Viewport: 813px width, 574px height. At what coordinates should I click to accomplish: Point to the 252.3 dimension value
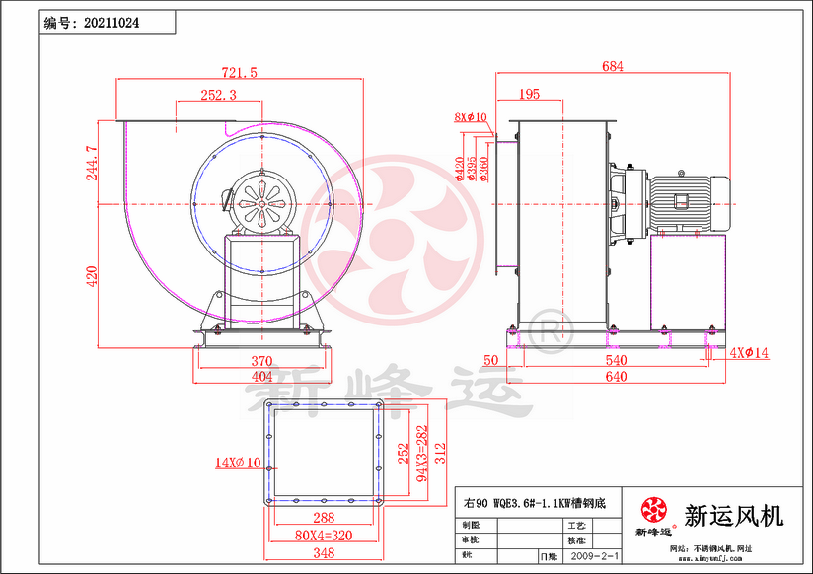[218, 96]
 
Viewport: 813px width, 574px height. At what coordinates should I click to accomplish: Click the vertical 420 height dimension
[92, 275]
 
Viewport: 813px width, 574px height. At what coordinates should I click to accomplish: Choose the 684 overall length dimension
[612, 67]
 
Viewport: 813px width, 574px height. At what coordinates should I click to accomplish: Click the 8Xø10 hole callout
[472, 117]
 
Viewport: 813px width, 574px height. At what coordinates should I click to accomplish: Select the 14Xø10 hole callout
[239, 461]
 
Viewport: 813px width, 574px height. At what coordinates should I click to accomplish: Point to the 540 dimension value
[616, 361]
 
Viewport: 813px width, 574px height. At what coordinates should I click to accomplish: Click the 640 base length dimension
[616, 376]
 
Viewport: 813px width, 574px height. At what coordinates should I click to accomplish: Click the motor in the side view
[687, 201]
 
